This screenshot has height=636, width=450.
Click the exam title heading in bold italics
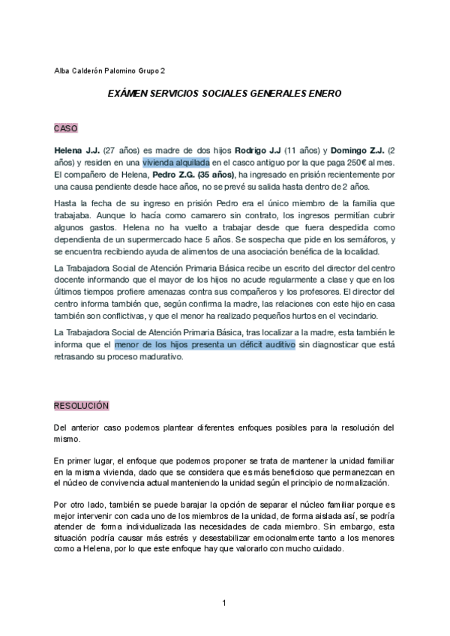point(224,95)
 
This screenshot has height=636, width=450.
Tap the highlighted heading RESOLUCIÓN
point(82,406)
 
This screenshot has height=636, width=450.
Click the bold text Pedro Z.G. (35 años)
point(195,174)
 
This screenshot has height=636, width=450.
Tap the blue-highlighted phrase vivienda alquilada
point(176,162)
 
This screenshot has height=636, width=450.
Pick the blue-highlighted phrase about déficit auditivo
point(205,344)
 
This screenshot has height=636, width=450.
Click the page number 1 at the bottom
point(224,603)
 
